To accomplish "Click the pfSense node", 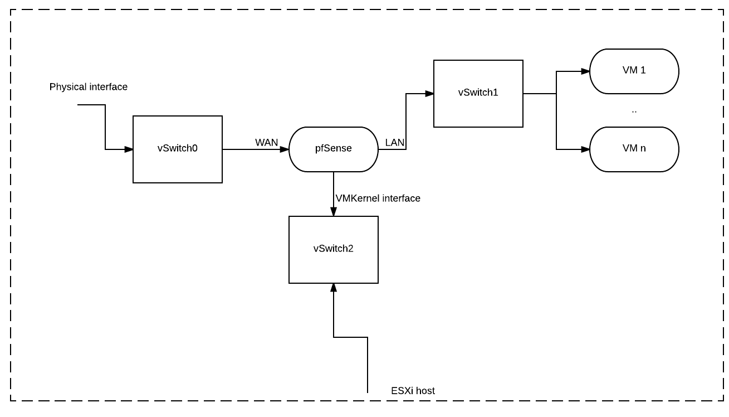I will click(x=333, y=149).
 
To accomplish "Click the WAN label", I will click(x=266, y=143).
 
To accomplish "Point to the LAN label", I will click(x=394, y=143).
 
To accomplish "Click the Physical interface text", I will click(x=88, y=87).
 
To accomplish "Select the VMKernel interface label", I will click(x=378, y=198).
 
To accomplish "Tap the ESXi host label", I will click(x=413, y=391).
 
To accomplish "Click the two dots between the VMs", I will click(x=634, y=111).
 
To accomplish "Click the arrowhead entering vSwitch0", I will click(x=129, y=149).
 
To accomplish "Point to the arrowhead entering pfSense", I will click(x=285, y=149).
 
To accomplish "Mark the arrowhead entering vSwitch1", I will click(x=429, y=94).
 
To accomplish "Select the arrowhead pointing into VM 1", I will click(x=585, y=71).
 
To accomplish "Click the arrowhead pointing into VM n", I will click(x=585, y=149).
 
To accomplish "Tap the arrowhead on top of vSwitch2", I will click(x=334, y=212).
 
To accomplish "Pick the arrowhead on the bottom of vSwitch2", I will click(x=334, y=288).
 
